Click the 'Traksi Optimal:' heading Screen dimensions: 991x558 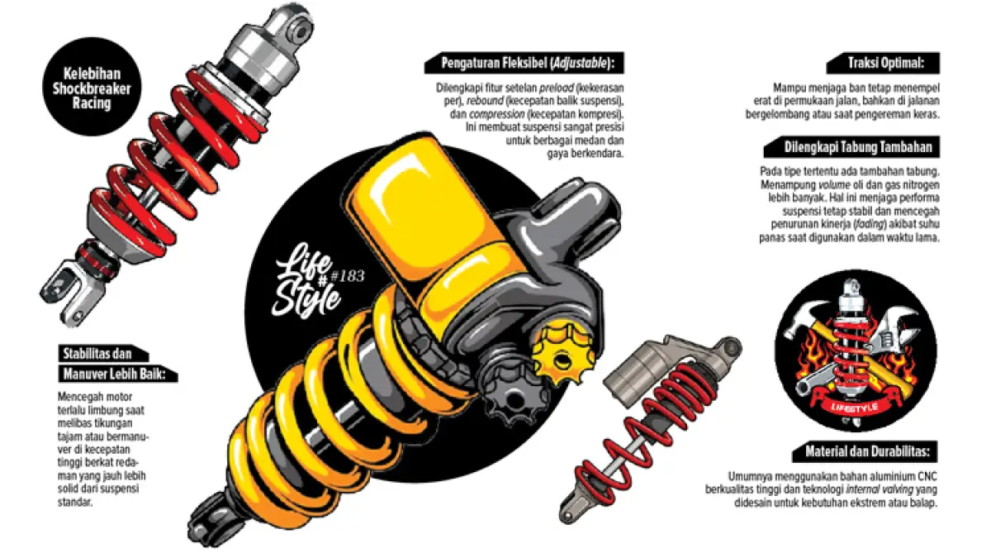[x=885, y=63]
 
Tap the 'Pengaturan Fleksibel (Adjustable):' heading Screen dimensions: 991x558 [x=528, y=63]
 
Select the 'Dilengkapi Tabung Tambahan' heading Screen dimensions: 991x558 [x=858, y=147]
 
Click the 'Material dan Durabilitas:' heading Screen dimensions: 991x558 [x=867, y=451]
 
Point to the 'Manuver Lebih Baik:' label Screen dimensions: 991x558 [x=114, y=374]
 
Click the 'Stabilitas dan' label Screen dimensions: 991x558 [x=97, y=354]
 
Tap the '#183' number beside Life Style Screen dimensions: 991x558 [x=348, y=276]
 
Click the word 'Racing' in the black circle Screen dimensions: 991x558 [x=92, y=103]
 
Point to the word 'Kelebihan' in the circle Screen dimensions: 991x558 [x=92, y=74]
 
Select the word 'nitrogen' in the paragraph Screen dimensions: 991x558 [x=920, y=184]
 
